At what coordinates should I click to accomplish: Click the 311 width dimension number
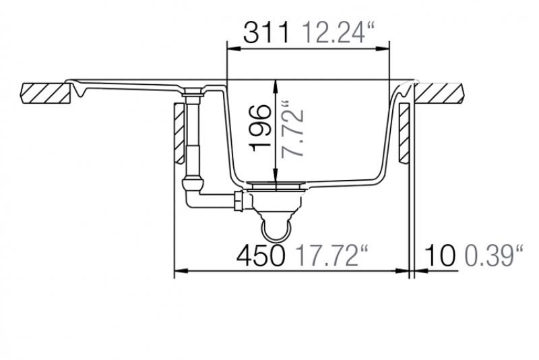(266, 32)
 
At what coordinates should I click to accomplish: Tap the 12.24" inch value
(338, 32)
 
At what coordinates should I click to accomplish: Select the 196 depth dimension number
(260, 128)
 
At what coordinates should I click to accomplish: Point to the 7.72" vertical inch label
(292, 129)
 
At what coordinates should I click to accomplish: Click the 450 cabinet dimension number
(261, 256)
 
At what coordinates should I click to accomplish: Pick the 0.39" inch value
(494, 256)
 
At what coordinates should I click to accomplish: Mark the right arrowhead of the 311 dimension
(383, 49)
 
